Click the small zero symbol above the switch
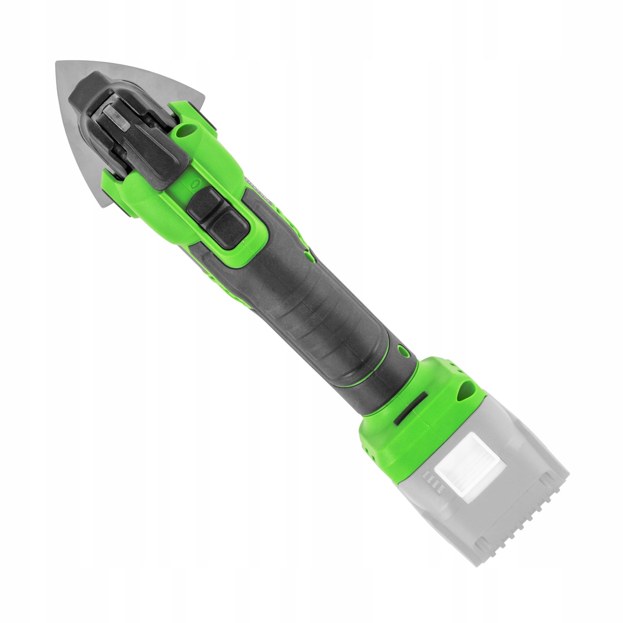tap(194, 183)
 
